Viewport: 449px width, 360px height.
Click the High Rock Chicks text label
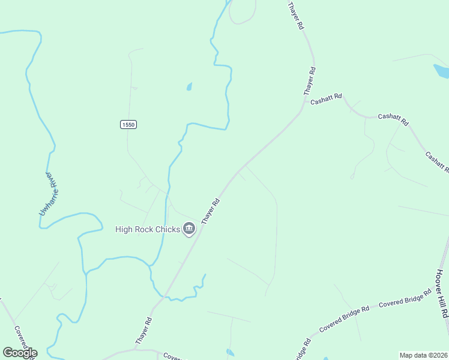tap(148, 229)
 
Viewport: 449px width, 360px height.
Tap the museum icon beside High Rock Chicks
tap(190, 228)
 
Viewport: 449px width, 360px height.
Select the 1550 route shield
tap(128, 124)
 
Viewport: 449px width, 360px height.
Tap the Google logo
tap(20, 352)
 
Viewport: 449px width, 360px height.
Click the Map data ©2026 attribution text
tap(423, 355)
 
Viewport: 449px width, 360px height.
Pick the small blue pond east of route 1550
tap(189, 86)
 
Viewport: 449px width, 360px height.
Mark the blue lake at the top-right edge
tap(442, 71)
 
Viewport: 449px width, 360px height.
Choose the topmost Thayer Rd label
tap(296, 16)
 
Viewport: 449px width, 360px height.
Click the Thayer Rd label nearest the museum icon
tap(211, 212)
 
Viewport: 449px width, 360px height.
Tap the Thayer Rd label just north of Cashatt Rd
tap(309, 82)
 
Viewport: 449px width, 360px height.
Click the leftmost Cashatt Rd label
tap(325, 98)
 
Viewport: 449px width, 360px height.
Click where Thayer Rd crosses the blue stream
tap(166, 296)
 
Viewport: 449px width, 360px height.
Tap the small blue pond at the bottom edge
tap(231, 352)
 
